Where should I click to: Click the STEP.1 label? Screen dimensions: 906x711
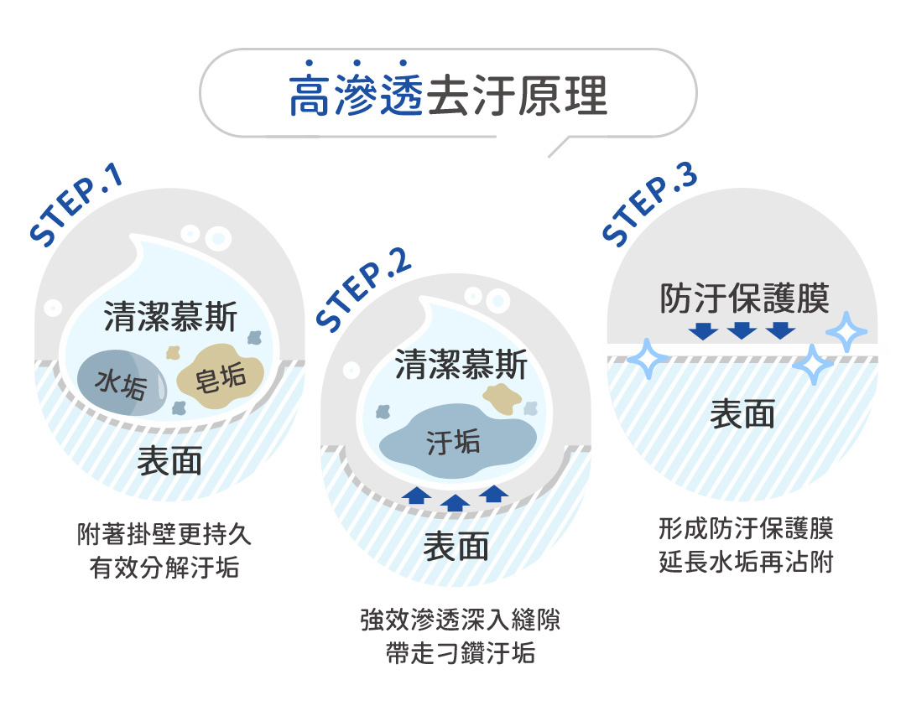coord(76,205)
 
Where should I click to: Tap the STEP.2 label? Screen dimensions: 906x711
coord(363,291)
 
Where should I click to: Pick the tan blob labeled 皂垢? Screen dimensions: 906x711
coord(220,376)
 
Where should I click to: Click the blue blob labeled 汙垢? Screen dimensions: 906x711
coord(456,441)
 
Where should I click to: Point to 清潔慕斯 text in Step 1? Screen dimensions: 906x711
coord(170,317)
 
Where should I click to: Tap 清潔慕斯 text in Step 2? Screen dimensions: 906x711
coord(461,365)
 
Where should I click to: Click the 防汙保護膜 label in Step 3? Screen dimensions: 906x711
coord(744,298)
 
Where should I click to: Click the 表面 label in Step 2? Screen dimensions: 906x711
coord(456,546)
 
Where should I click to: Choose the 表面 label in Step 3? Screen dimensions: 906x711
coord(742,414)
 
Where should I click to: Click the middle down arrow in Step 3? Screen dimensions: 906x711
coord(742,331)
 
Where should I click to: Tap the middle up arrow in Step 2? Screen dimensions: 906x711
coord(455,503)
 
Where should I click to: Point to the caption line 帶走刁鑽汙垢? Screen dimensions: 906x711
coord(461,653)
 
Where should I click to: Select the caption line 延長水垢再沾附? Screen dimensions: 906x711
coord(746,562)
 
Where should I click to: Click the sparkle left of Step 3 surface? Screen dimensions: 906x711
coord(648,359)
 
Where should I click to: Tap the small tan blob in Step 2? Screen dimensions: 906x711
coord(502,399)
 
